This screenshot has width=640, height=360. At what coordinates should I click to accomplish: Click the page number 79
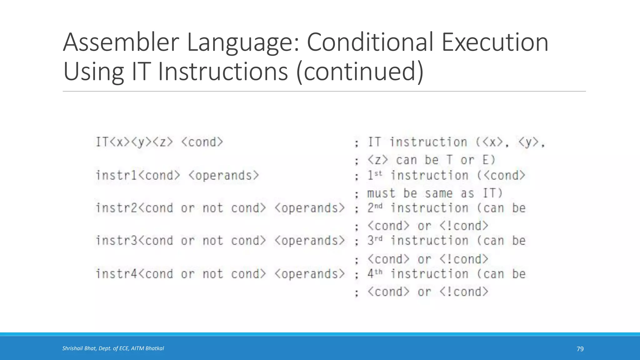tap(580, 349)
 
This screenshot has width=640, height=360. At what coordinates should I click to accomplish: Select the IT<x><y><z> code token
tap(134, 142)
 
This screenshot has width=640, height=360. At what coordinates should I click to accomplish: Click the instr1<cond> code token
tap(138, 175)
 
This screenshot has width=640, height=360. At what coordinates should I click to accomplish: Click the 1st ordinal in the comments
tap(374, 175)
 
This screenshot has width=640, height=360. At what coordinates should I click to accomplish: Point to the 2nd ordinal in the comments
tap(375, 208)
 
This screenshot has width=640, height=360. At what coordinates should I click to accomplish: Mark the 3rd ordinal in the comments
tap(375, 241)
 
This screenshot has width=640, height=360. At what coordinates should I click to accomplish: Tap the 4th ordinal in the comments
tap(375, 274)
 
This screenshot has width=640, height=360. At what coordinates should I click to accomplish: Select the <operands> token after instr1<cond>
tap(224, 175)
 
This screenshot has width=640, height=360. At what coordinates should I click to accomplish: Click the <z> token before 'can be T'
tap(377, 160)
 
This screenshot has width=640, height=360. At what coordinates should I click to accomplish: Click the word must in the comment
tap(381, 193)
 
